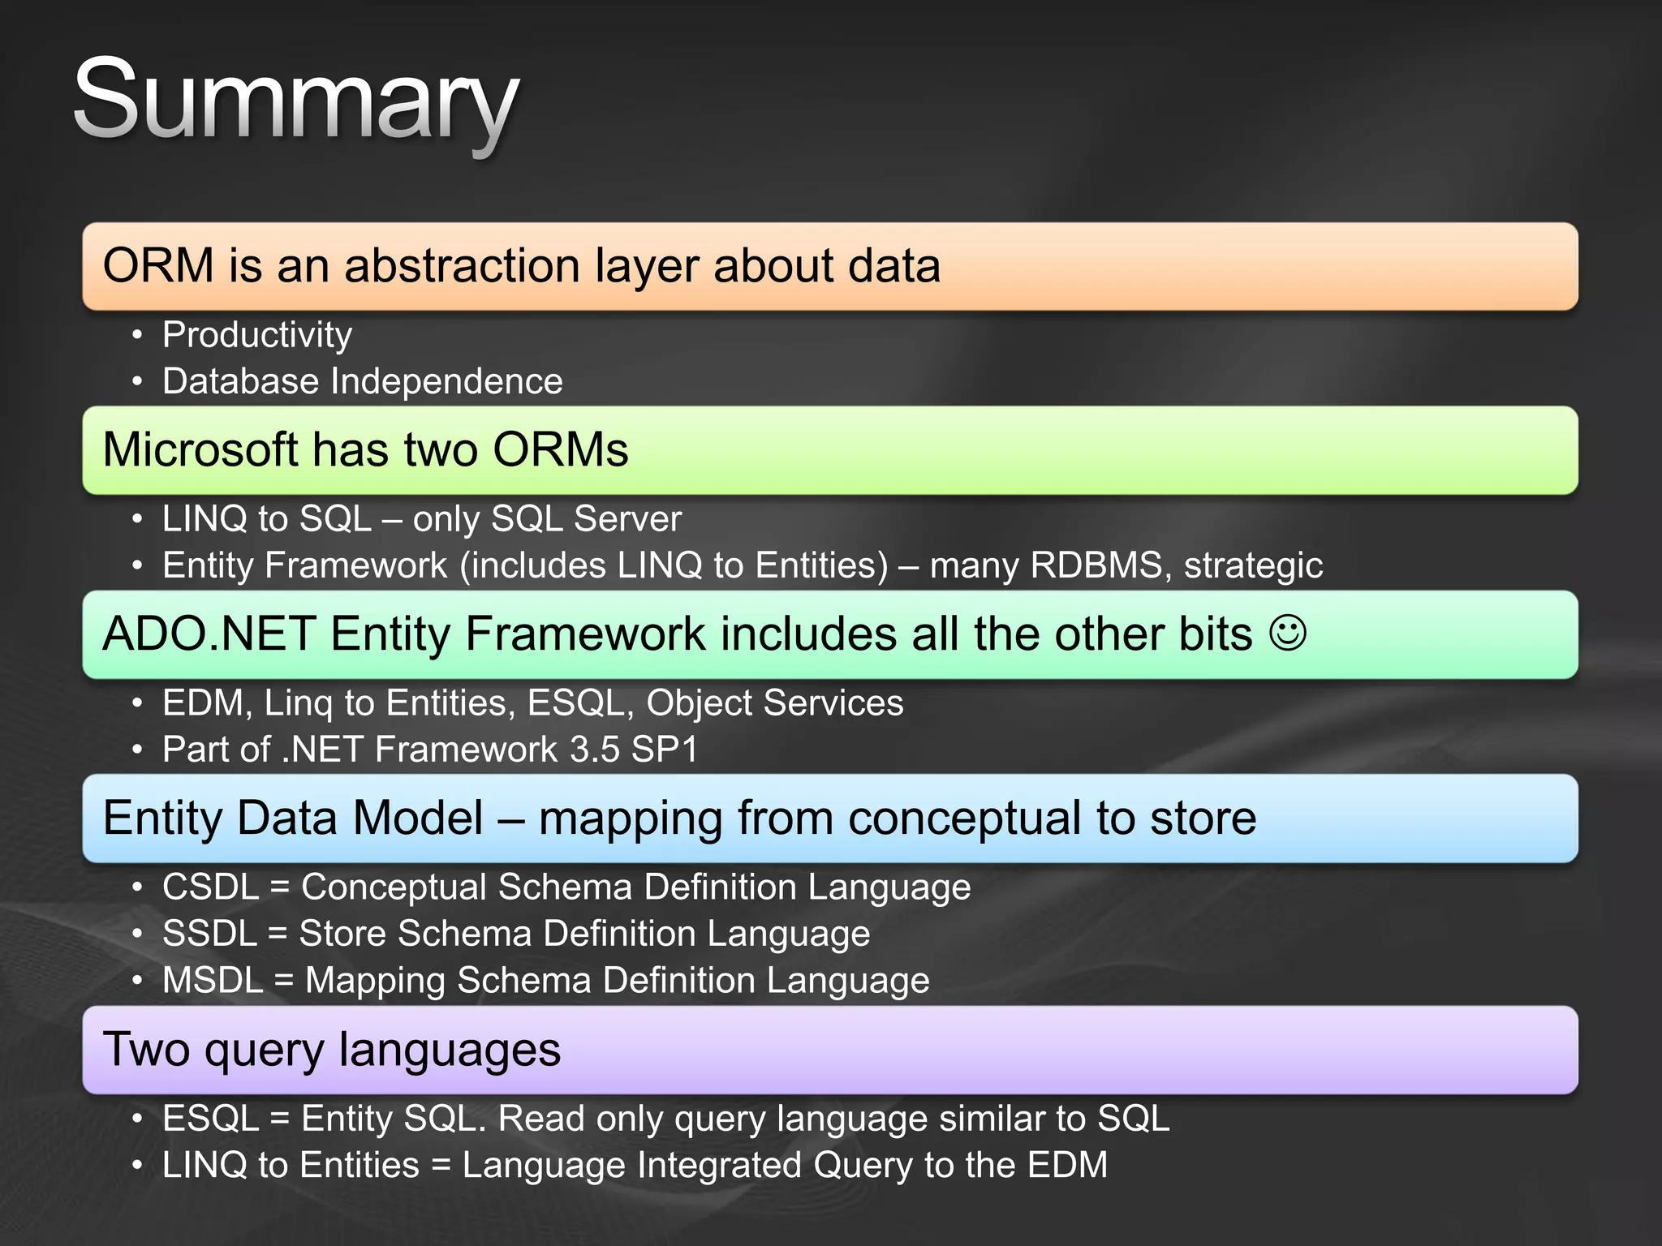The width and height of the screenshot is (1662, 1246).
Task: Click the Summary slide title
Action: [x=296, y=101]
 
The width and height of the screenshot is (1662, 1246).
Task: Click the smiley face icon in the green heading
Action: [x=1288, y=633]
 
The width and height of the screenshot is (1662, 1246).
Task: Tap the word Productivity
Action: [x=257, y=335]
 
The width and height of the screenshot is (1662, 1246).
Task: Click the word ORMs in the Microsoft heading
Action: [x=560, y=450]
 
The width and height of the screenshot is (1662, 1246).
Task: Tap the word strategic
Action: [x=1253, y=566]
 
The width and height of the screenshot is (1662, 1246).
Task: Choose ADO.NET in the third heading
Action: [x=209, y=634]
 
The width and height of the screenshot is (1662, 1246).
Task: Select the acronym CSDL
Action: [x=210, y=887]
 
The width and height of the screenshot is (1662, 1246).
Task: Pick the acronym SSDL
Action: [x=209, y=934]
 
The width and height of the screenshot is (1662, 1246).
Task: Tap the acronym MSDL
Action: [x=213, y=981]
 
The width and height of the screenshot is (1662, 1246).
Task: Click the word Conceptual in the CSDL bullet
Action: [x=393, y=887]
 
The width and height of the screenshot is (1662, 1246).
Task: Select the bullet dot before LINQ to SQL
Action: [x=137, y=519]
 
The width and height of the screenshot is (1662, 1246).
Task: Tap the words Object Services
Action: [x=774, y=703]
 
